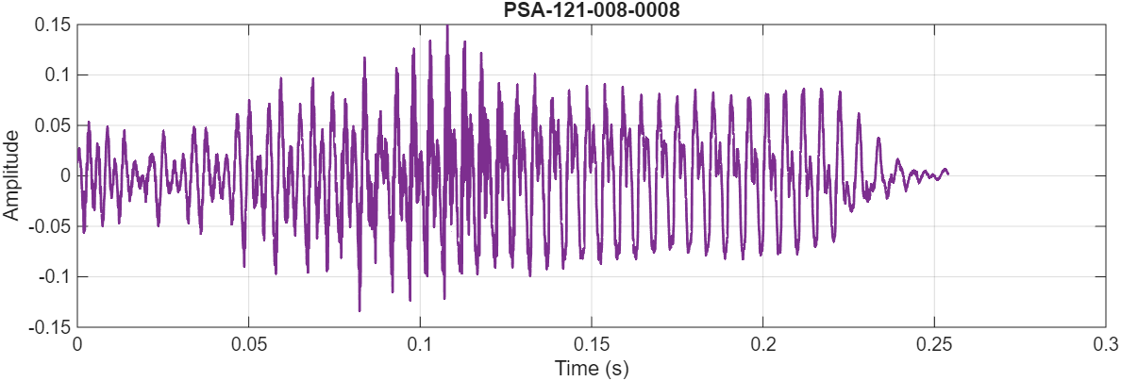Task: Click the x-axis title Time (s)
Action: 592,368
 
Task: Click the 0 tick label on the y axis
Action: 64,176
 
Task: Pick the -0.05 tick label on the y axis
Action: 49,226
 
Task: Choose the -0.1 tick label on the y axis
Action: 54,277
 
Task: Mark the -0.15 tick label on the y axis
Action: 49,327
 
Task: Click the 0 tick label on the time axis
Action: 77,344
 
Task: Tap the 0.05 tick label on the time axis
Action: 248,344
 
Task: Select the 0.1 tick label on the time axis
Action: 420,344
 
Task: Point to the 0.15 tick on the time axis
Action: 592,344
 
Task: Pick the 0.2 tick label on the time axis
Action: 763,344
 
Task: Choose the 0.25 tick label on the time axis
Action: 934,344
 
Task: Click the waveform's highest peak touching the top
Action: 447,26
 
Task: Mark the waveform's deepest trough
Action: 360,310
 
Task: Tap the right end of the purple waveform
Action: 947,173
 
